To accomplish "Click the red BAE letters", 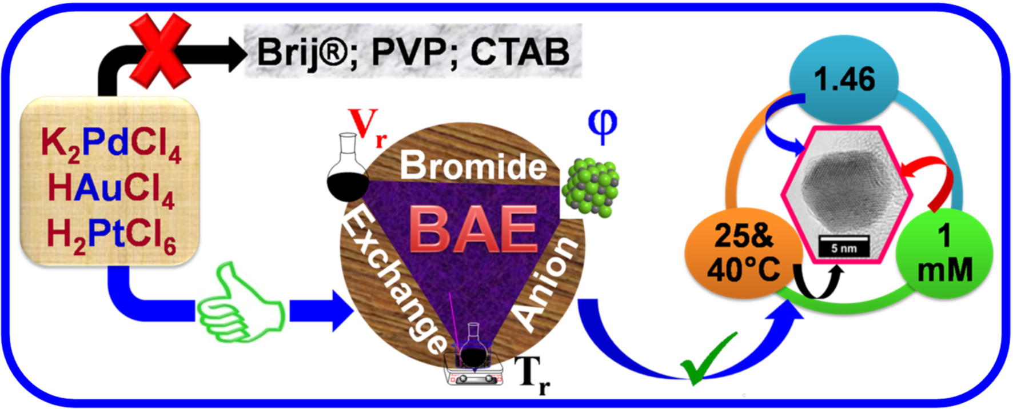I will pyautogui.click(x=474, y=228).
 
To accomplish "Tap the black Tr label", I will pyautogui.click(x=533, y=374).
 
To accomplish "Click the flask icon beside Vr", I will pyautogui.click(x=348, y=169).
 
